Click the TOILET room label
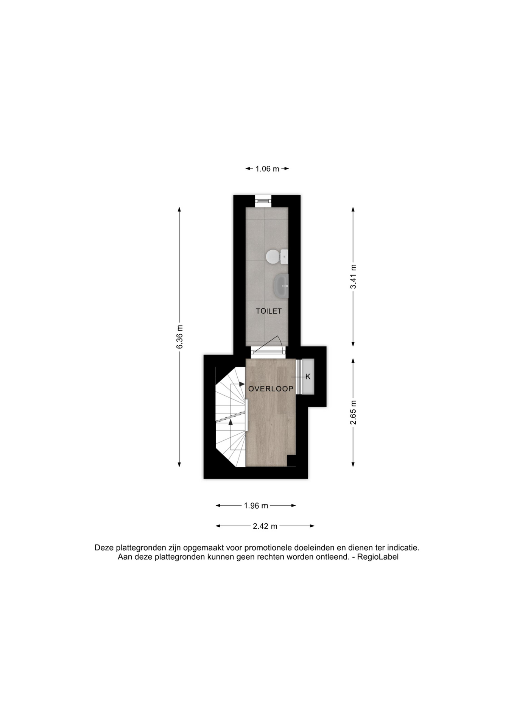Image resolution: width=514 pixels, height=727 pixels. (x=269, y=311)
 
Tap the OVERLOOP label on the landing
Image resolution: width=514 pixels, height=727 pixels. (x=271, y=389)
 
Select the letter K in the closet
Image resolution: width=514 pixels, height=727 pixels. (x=308, y=377)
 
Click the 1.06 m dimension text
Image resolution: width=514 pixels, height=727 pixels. (x=267, y=169)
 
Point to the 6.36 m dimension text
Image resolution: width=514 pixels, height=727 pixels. (x=180, y=337)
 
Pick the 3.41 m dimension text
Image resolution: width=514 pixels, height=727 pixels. (x=353, y=277)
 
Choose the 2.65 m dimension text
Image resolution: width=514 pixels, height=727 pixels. (x=353, y=412)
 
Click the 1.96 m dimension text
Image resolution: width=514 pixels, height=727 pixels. (x=256, y=505)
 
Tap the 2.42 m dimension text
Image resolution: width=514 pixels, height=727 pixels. (x=265, y=526)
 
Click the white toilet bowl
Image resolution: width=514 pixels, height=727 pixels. (x=276, y=257)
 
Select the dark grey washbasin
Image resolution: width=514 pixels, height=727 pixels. (x=281, y=286)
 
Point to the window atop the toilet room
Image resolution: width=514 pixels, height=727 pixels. (x=263, y=201)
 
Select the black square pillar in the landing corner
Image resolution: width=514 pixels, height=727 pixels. (x=291, y=461)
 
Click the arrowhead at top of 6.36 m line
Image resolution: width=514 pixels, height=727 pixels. (x=179, y=210)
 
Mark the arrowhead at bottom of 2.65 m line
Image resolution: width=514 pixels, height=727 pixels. (x=353, y=464)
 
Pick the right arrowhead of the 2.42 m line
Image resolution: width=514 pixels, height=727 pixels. (x=312, y=526)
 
